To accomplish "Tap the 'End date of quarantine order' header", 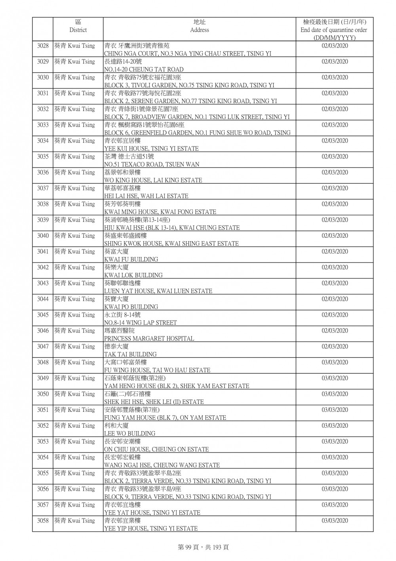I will [x=334, y=30].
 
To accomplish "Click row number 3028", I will [x=43, y=46].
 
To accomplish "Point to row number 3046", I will [x=43, y=331].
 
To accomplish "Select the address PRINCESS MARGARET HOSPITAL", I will [x=149, y=338].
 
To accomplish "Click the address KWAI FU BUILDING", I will [x=131, y=259].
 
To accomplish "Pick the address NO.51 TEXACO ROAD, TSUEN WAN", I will [x=152, y=164].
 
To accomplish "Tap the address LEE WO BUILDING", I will [x=129, y=433].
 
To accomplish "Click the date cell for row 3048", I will [x=335, y=363].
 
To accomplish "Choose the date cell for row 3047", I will [x=335, y=347].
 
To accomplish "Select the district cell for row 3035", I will [x=75, y=157].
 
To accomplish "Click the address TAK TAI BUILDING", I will [x=130, y=354].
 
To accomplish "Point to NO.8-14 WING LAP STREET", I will [x=141, y=323].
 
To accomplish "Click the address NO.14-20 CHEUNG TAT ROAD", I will [x=144, y=69].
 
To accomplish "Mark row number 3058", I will [x=43, y=521].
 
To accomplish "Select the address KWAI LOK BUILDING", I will [x=133, y=275].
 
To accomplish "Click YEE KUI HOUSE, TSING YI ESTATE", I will [x=151, y=148].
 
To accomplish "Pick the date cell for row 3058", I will [x=335, y=521].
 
